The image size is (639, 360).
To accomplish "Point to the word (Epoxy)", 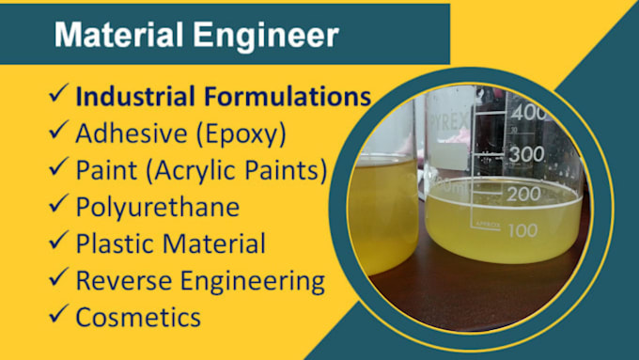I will (x=240, y=133).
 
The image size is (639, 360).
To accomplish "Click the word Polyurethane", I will (x=157, y=207).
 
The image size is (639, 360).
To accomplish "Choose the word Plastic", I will (x=112, y=243).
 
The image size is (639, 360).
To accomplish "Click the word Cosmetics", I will (x=138, y=317).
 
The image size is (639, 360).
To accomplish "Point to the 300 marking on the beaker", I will (x=526, y=153).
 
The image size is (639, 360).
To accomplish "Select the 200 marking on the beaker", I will (x=523, y=194).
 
